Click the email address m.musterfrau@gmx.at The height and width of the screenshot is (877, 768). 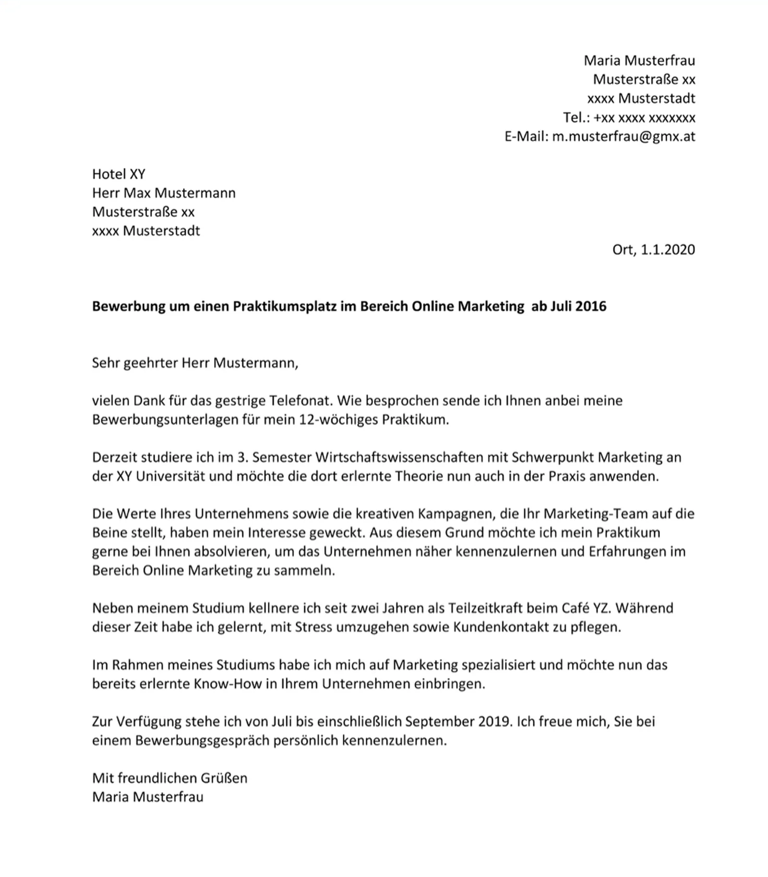point(623,136)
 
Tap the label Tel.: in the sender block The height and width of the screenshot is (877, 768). point(576,117)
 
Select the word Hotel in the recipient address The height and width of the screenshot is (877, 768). point(109,174)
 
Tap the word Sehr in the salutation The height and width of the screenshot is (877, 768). point(106,362)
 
